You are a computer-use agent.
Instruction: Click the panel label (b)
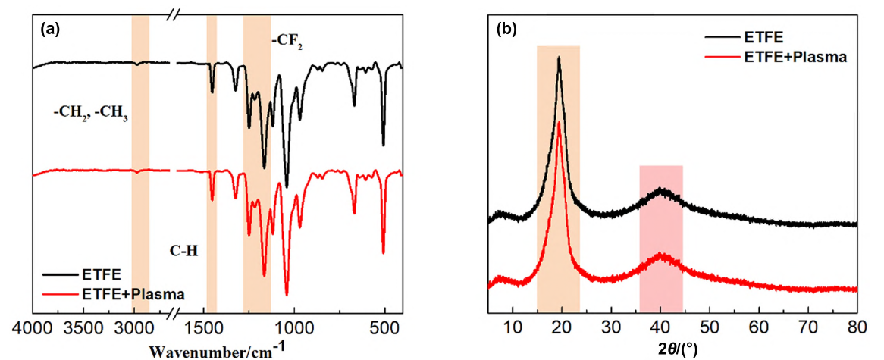coord(506,30)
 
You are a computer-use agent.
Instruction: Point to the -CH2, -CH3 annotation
coord(90,116)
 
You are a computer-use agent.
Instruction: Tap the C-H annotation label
coord(184,249)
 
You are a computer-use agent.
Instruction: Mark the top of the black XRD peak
coord(559,57)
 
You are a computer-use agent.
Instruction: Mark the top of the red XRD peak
coord(559,122)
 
